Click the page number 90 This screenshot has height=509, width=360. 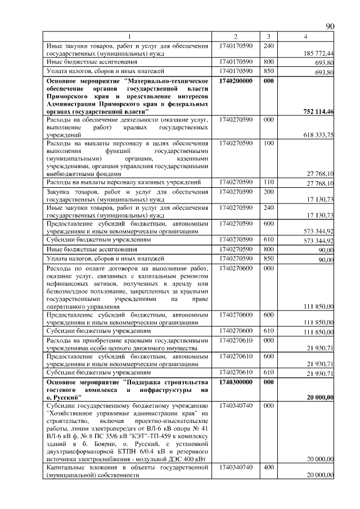330,26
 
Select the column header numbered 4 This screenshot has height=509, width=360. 305,37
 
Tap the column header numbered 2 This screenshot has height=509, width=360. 236,37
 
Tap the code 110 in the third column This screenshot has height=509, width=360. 268,182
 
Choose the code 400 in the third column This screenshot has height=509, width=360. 268,467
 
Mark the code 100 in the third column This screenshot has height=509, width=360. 268,144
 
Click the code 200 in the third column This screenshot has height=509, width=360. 268,192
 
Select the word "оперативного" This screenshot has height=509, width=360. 67,307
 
